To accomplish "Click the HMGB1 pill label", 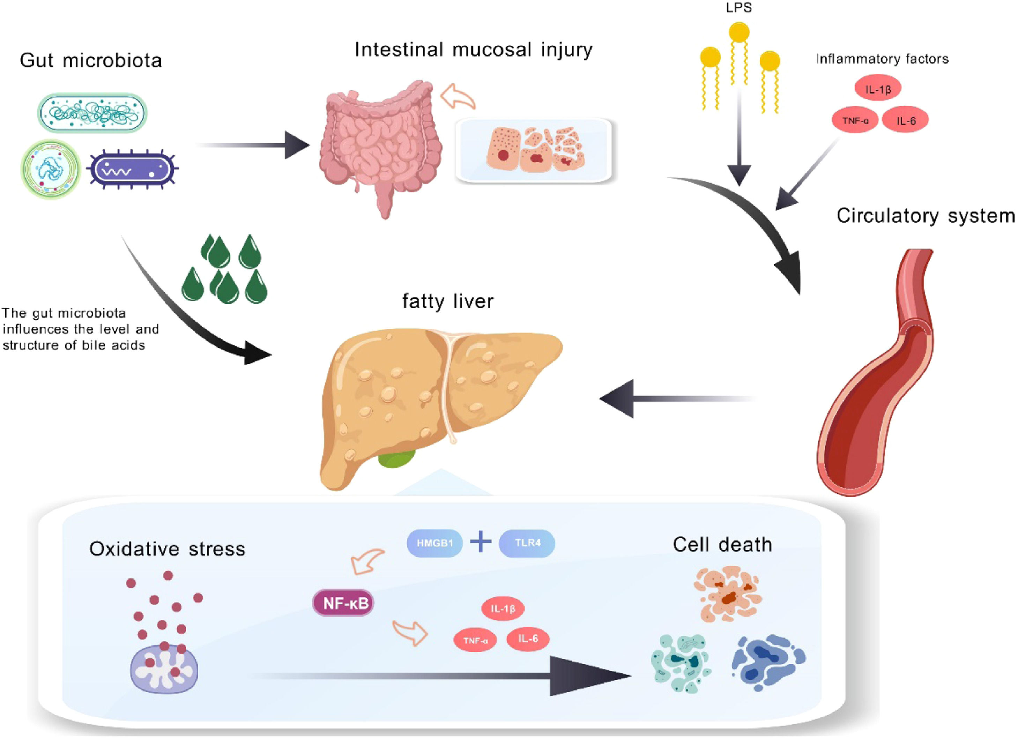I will pos(434,543).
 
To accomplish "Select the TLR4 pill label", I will pos(527,543).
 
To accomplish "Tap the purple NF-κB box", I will pos(343,603).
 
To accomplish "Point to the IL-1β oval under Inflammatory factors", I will pos(877,89).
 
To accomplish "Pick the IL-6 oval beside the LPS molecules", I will pos(905,120).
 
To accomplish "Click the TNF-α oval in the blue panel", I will pos(475,640).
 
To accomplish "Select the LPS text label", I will pos(739,8).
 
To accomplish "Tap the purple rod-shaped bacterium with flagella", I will pos(132,169).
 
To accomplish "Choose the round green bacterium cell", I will pos(51,169).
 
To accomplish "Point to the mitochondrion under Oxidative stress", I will pos(164,669).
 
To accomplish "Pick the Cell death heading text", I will pos(722,545).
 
